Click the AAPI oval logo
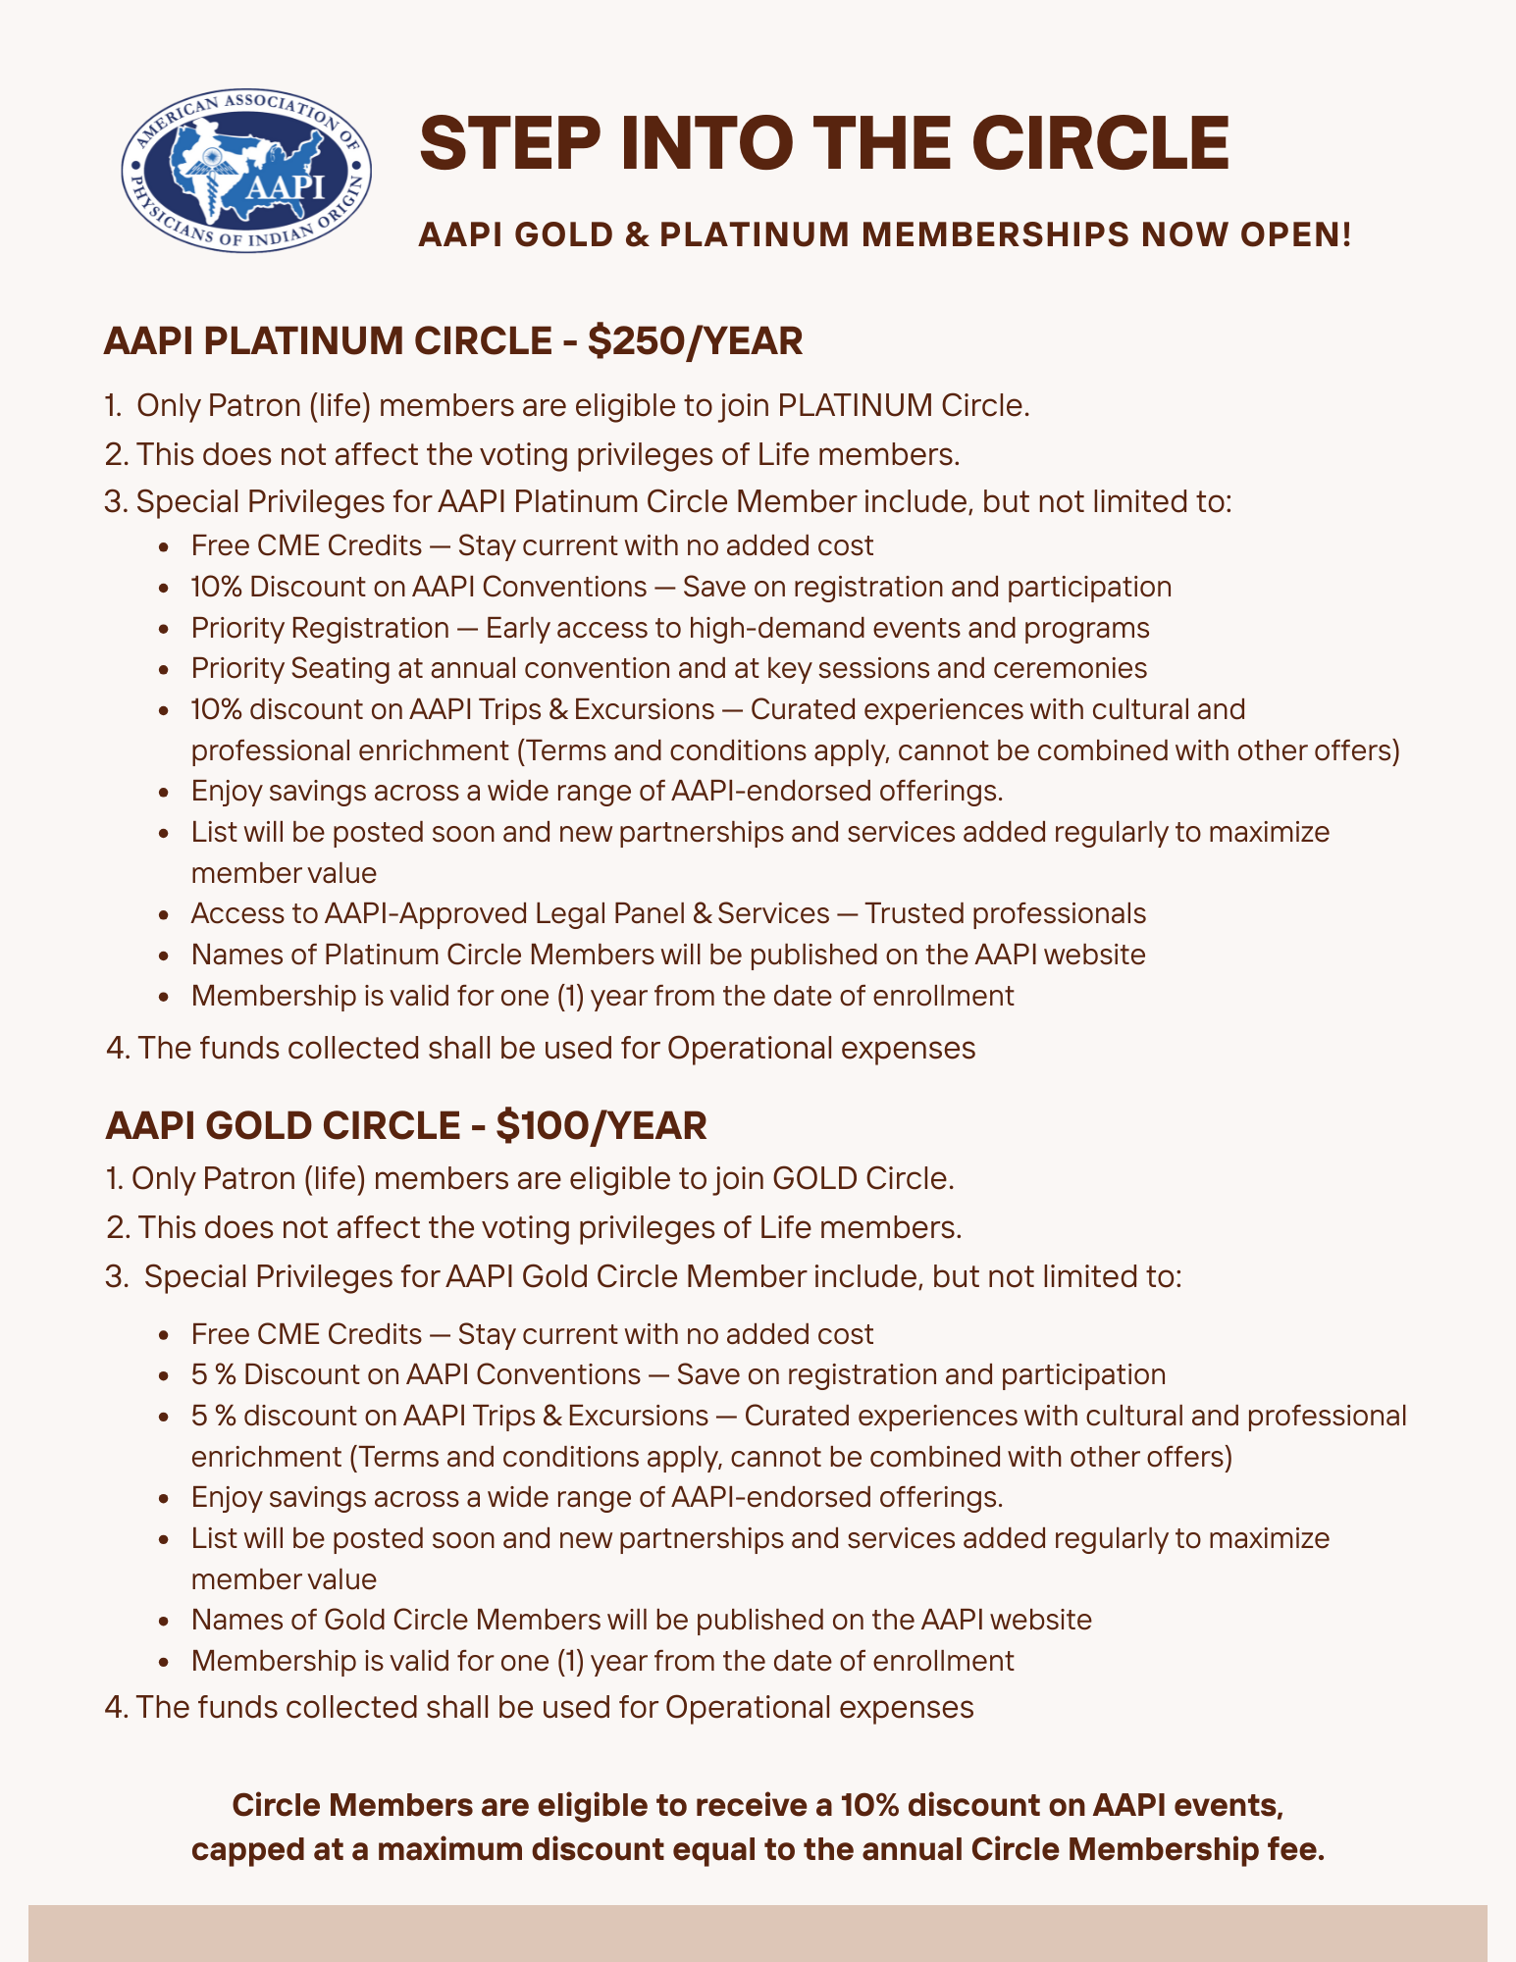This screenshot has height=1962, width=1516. [x=246, y=171]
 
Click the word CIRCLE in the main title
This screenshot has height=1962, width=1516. [x=1100, y=143]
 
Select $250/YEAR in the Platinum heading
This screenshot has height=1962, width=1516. [x=695, y=340]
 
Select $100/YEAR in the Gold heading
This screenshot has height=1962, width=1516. [x=601, y=1125]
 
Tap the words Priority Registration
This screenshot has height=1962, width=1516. [x=320, y=627]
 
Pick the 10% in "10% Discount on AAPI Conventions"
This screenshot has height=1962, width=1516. [x=216, y=587]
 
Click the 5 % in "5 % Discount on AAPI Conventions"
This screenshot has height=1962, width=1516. [x=213, y=1374]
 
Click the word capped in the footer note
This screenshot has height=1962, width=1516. [x=244, y=1850]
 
